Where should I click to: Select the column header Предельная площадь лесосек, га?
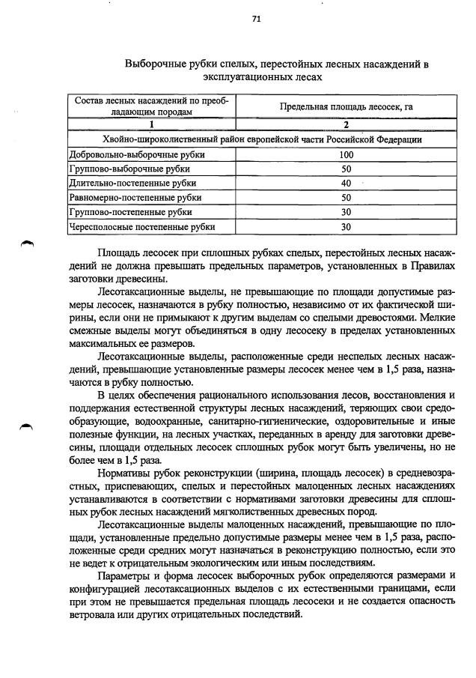pos(346,107)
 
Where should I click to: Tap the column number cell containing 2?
pos(346,124)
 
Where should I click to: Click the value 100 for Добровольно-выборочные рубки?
pos(346,155)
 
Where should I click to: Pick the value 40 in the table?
pos(346,184)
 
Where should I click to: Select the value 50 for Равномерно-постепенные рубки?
pos(346,198)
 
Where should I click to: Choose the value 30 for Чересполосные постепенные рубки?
pos(346,226)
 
